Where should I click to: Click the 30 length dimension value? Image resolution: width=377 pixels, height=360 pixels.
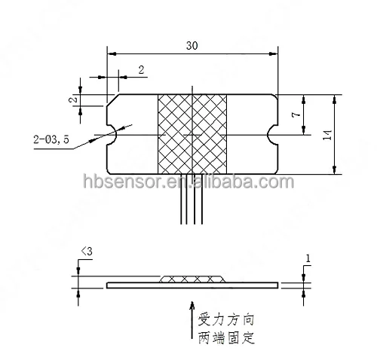click(192, 45)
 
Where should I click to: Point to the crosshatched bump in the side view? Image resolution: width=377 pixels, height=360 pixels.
click(192, 279)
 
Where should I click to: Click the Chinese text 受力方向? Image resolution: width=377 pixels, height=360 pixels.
click(224, 317)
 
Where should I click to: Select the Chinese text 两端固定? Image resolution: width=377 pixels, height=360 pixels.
click(224, 337)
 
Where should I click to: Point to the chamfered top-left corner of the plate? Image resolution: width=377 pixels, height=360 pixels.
click(112, 99)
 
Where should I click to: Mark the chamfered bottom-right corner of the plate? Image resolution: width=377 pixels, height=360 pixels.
click(273, 170)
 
